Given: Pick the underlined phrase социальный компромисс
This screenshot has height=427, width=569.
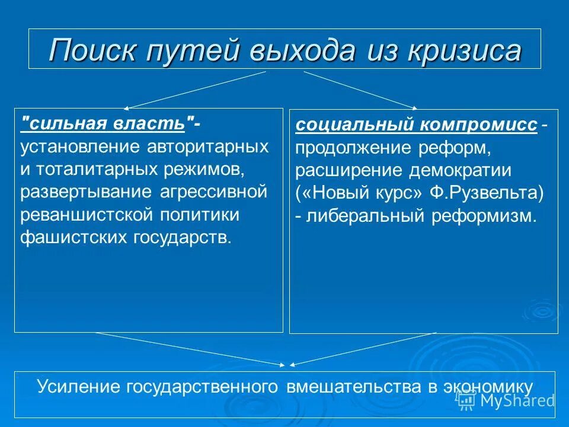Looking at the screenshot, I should coord(417,126).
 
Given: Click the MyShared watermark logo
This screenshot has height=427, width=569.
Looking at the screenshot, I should coord(507,400).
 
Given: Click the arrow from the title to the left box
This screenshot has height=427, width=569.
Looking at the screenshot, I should coord(196,90).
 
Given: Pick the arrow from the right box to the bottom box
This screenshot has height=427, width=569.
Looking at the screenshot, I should coord(363,349).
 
